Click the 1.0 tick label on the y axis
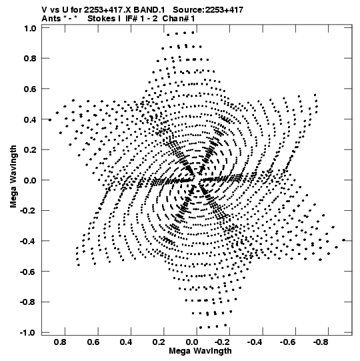coord(30,28)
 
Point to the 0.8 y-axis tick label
coord(30,59)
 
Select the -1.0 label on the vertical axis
coord(28,333)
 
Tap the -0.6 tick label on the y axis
coord(28,272)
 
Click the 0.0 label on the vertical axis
coord(30,180)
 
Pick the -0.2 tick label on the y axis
coord(28,211)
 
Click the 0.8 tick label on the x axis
coord(60,342)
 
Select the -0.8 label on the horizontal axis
coord(321,342)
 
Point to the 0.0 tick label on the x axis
coord(192,342)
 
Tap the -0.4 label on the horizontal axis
coord(255,342)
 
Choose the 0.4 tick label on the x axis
coord(126,342)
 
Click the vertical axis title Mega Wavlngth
coord(13,177)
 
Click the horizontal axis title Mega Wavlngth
coord(200,351)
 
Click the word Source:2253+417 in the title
coord(208,10)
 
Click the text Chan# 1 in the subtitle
coord(179,19)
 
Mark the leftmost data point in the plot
coord(50,120)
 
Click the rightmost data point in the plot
coord(344,240)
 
